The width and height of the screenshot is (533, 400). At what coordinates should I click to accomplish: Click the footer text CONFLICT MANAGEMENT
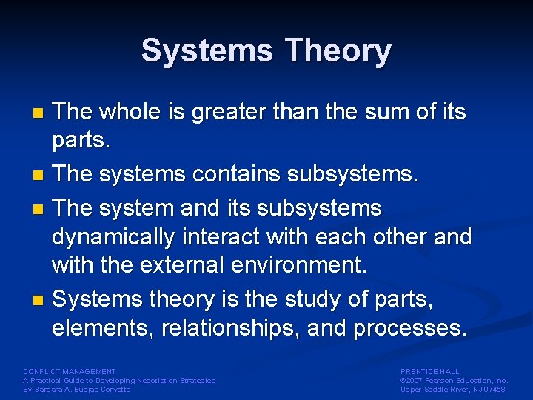tap(70, 371)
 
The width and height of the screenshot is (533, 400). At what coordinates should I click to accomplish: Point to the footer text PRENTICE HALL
tap(430, 371)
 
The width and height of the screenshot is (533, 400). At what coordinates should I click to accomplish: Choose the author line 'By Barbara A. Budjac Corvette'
tap(77, 389)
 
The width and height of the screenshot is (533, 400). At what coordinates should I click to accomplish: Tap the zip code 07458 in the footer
tap(492, 389)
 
